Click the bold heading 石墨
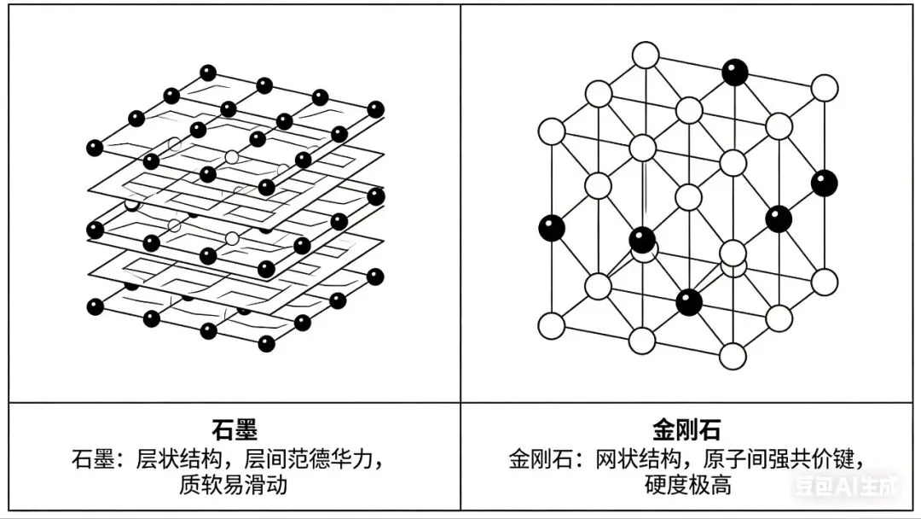[x=235, y=429]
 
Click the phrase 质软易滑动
[x=234, y=485]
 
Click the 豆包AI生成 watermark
[x=845, y=487]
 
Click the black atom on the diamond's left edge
[x=552, y=227]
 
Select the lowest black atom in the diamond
[x=688, y=301]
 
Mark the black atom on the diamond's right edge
[x=824, y=183]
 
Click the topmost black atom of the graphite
[x=208, y=73]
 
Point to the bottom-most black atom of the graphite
[x=267, y=343]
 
